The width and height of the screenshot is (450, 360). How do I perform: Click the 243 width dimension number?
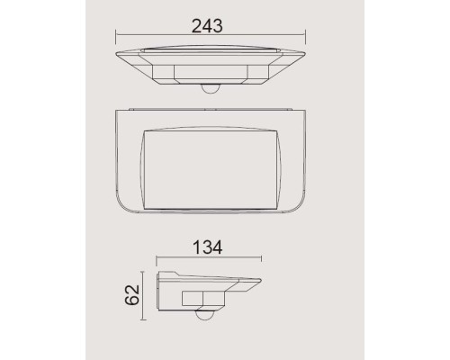[x=209, y=25]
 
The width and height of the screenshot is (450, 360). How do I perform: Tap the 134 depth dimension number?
[x=209, y=246]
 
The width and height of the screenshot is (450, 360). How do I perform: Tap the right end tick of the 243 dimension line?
[x=304, y=37]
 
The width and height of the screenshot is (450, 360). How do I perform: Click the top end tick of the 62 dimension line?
[x=141, y=271]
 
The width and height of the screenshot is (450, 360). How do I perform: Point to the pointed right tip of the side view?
[x=262, y=282]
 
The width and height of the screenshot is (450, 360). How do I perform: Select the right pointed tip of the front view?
[x=304, y=54]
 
